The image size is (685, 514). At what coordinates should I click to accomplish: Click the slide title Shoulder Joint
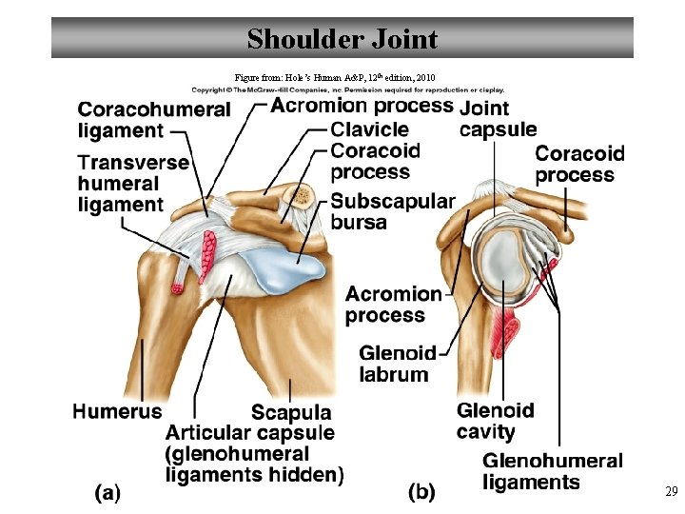[342, 39]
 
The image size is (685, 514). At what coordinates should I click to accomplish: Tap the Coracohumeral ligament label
[153, 120]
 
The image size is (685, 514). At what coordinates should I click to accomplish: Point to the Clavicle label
[370, 129]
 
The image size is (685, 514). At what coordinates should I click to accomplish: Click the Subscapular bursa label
[392, 211]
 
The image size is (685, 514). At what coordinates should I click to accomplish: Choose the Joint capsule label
[497, 119]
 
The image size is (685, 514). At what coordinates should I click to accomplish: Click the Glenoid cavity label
[495, 421]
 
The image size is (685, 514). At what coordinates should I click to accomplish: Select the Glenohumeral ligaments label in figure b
[552, 471]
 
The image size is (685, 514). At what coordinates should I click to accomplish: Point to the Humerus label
[117, 411]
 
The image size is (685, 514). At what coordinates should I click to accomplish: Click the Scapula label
[290, 412]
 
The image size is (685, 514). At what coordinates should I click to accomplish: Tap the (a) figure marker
[108, 492]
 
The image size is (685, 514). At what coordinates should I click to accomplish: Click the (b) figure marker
[421, 492]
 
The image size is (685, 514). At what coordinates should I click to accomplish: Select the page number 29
[671, 492]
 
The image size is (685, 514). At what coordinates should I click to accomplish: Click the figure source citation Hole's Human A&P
[335, 76]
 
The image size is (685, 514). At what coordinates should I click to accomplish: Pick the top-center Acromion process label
[362, 106]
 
